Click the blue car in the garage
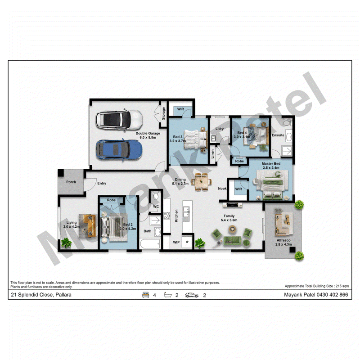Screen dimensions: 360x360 [x=119, y=150]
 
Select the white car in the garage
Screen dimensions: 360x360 [x=119, y=120]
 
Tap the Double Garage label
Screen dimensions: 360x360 [x=148, y=133]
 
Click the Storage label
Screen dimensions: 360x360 [x=163, y=113]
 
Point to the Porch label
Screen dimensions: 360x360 [x=71, y=182]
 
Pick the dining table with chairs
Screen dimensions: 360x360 [x=202, y=182]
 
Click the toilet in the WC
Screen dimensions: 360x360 [x=156, y=196]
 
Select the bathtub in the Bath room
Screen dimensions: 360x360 [x=150, y=243]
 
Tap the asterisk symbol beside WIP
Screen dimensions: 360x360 [x=187, y=242]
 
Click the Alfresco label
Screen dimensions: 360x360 [x=283, y=240]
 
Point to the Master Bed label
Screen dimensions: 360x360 [x=271, y=163]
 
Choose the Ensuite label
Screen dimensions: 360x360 [x=278, y=135]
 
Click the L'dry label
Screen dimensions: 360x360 [x=220, y=128]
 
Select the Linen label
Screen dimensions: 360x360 [x=212, y=154]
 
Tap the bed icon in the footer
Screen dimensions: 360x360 [x=145, y=295]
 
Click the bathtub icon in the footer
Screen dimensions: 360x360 [x=168, y=295]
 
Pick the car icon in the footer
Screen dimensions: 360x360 [x=192, y=295]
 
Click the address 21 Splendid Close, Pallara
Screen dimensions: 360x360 [x=41, y=295]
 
